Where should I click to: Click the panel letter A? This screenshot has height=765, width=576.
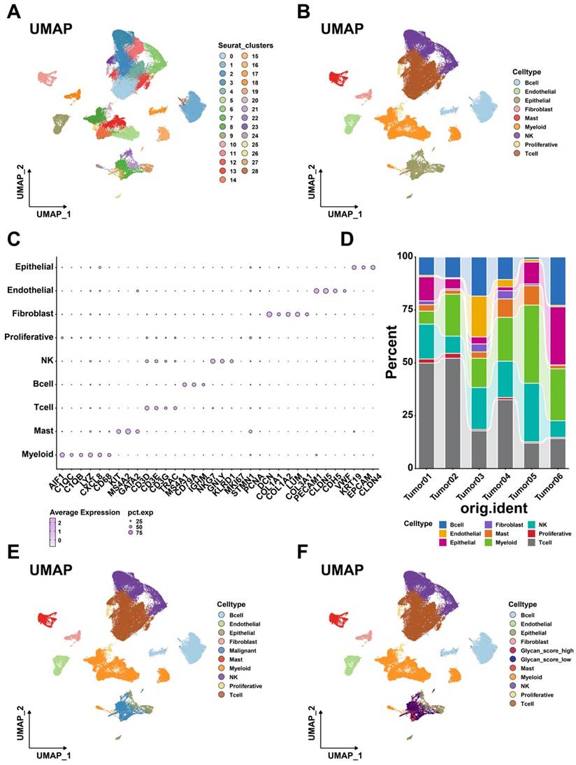(x=13, y=12)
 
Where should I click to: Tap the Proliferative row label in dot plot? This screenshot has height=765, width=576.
(x=31, y=337)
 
